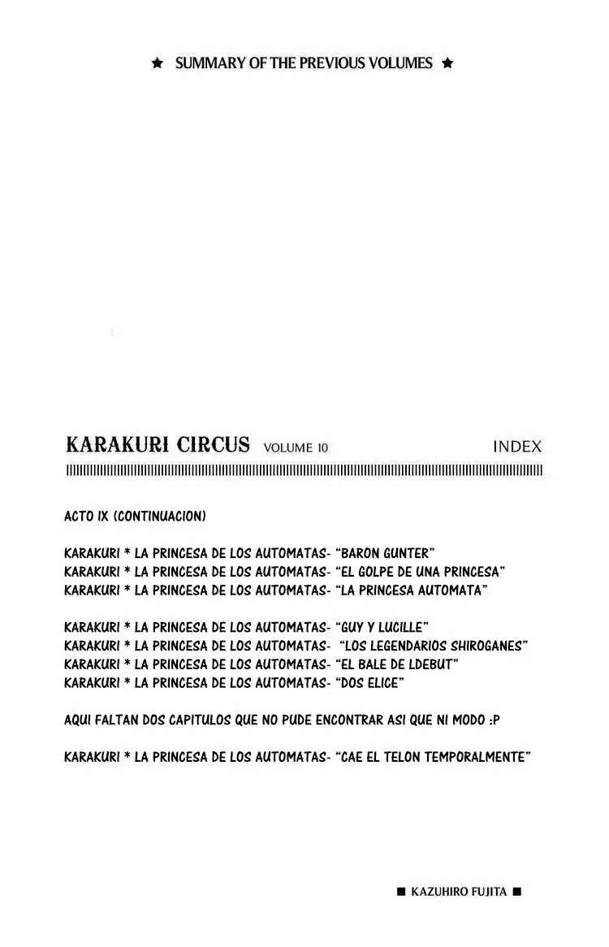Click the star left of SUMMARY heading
(x=158, y=63)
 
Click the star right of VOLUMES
(x=447, y=63)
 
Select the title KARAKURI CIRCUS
(x=158, y=445)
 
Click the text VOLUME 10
(x=296, y=448)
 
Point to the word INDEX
(x=516, y=447)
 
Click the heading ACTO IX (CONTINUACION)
(x=135, y=517)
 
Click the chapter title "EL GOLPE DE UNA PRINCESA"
(x=420, y=571)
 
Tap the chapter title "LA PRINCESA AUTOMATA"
(x=410, y=590)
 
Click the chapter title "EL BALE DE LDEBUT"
(x=396, y=664)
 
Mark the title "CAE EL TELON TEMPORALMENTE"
(x=432, y=757)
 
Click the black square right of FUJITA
(x=516, y=892)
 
